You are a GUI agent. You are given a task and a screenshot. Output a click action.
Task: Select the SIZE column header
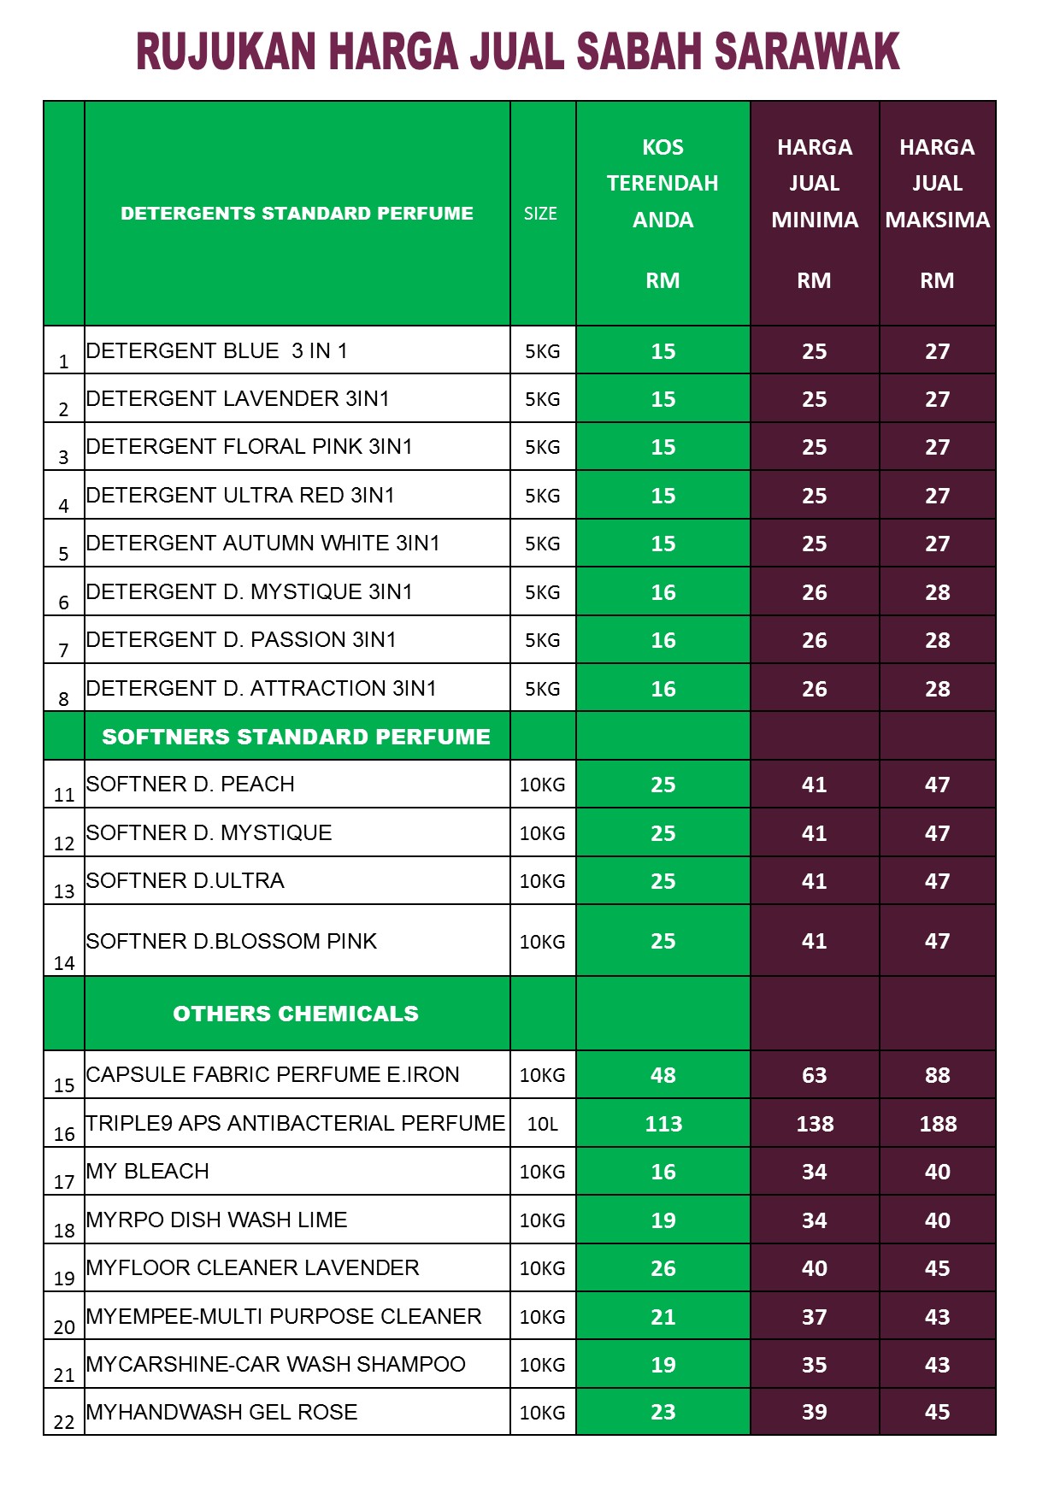[540, 214]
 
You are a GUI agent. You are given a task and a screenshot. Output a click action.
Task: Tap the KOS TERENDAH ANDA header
[662, 184]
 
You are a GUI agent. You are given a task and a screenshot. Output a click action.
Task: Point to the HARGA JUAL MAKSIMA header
[937, 184]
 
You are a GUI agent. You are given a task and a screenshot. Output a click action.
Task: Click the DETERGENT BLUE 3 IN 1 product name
[217, 351]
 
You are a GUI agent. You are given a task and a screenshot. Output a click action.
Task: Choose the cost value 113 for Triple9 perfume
[663, 1124]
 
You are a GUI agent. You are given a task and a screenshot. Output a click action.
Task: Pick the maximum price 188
[938, 1124]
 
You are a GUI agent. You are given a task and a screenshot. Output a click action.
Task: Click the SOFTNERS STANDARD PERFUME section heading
[296, 737]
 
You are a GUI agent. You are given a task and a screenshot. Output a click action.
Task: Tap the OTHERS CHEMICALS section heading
[296, 1014]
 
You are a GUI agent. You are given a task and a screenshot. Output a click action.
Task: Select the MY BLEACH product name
[148, 1172]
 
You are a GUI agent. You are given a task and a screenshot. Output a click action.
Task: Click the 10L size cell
[542, 1124]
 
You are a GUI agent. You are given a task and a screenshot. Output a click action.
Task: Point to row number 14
[64, 963]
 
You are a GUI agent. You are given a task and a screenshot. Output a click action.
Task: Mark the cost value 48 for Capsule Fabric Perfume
[663, 1075]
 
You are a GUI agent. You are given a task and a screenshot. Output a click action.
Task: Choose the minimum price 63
[814, 1075]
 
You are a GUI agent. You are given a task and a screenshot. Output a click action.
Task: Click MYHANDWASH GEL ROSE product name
[222, 1413]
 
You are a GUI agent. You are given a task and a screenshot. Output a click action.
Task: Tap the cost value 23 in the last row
[663, 1412]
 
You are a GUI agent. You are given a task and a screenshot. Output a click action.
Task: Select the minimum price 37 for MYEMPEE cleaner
[814, 1317]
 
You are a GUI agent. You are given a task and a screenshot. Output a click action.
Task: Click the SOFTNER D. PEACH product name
[191, 785]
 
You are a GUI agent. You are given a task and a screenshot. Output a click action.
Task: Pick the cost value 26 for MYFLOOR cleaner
[663, 1268]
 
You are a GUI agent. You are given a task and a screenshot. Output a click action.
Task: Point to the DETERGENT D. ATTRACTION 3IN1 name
[262, 689]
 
